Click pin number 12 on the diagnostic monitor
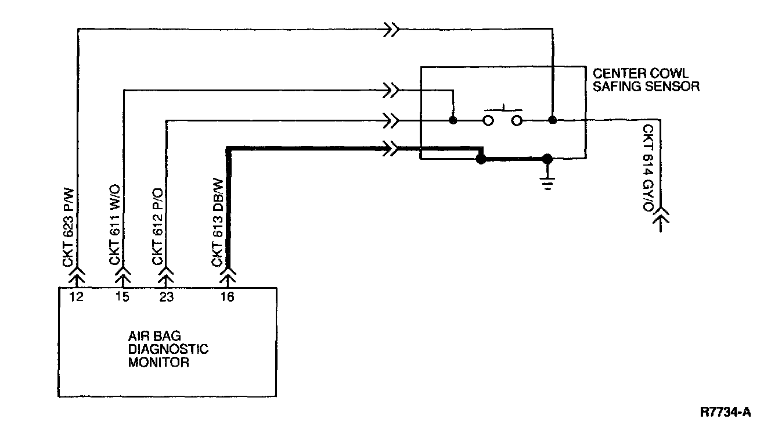(76, 296)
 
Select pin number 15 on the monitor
(123, 296)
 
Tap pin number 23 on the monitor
(167, 296)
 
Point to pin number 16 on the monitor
(228, 296)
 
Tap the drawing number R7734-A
(726, 413)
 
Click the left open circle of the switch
(488, 120)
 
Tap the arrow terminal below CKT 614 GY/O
(661, 220)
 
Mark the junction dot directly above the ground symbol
(546, 158)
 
